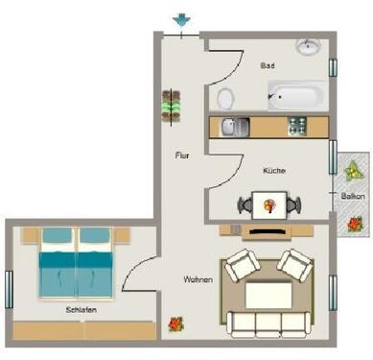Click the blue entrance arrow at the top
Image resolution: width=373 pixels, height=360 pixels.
(x=180, y=20)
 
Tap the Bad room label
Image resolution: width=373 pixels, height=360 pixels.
(x=268, y=67)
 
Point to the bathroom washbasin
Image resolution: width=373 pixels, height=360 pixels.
(x=309, y=47)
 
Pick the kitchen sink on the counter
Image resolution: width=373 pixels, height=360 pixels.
(x=234, y=126)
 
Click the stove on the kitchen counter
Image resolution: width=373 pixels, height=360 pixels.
(x=297, y=126)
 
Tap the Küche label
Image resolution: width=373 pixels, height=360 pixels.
(x=274, y=171)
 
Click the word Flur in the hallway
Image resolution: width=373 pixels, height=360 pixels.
(x=181, y=155)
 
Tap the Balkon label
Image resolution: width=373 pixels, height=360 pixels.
(x=352, y=197)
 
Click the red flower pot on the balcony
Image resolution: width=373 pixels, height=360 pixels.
(x=355, y=223)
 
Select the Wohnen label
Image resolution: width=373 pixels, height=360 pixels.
(x=198, y=279)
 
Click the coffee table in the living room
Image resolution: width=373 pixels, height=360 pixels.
(x=269, y=292)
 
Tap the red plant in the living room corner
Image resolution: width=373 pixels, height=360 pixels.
(x=175, y=324)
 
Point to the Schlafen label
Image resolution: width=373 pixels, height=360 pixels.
(x=82, y=311)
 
